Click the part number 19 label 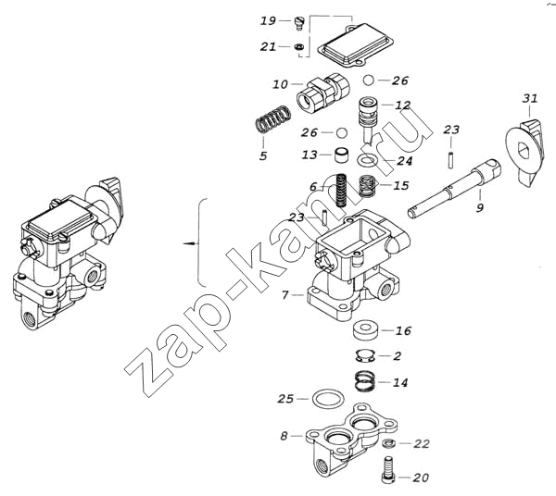(267, 20)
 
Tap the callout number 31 (529, 98)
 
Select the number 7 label (285, 294)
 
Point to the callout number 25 (284, 399)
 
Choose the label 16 (403, 330)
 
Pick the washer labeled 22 (389, 445)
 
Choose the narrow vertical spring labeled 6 (340, 191)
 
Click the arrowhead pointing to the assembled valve (187, 242)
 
